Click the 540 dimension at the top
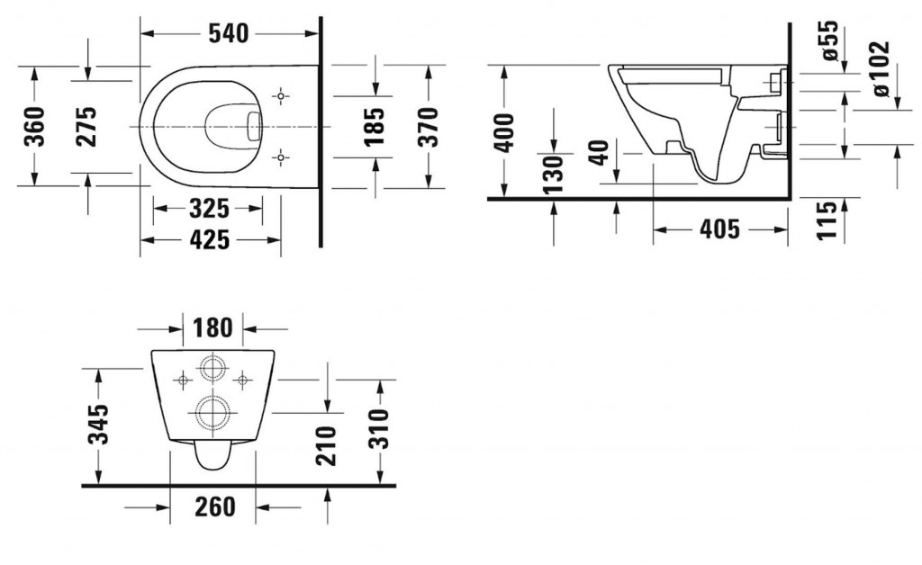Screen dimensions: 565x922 (229, 34)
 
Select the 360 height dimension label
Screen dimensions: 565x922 (34, 127)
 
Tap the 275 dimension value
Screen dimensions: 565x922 (87, 127)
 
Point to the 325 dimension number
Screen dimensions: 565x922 (210, 210)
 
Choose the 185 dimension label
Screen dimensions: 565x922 (375, 126)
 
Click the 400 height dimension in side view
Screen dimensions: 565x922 (505, 132)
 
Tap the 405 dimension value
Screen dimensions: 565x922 (719, 230)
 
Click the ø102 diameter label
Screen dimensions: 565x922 (879, 68)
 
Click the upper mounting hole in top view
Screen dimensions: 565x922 (282, 94)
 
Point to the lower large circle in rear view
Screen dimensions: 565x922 (212, 413)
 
